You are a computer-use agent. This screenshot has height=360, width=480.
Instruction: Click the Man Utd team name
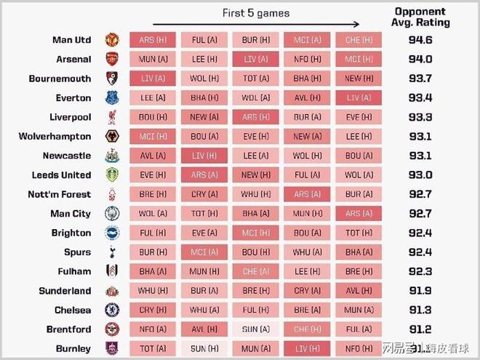[x=72, y=39]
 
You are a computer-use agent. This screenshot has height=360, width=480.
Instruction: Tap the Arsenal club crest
[x=111, y=59]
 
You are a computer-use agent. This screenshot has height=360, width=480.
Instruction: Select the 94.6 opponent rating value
[x=429, y=39]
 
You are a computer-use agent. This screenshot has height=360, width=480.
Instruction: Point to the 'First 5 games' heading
[x=255, y=13]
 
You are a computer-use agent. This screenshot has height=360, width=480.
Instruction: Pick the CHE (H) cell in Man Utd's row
[x=359, y=39]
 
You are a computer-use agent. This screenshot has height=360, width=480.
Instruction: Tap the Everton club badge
[x=111, y=97]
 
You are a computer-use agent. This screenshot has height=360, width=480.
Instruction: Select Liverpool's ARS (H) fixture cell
[x=256, y=117]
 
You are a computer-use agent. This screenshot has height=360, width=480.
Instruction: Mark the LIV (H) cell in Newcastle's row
[x=204, y=156]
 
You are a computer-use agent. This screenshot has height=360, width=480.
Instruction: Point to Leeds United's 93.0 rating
[x=429, y=175]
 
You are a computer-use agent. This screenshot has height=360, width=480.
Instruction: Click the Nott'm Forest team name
[x=60, y=194]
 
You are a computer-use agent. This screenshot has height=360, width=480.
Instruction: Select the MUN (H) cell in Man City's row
[x=308, y=213]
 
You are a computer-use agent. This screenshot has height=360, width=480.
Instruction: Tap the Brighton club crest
[x=111, y=233]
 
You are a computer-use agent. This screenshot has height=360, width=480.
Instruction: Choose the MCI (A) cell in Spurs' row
[x=204, y=252]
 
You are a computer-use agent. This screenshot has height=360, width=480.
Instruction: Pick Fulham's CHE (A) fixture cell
[x=256, y=271]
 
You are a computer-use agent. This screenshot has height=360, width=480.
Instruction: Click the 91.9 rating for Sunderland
[x=429, y=290]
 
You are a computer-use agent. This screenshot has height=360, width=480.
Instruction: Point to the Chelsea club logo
[x=111, y=310]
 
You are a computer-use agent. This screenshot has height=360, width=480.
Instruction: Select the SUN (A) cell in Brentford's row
[x=256, y=329]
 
